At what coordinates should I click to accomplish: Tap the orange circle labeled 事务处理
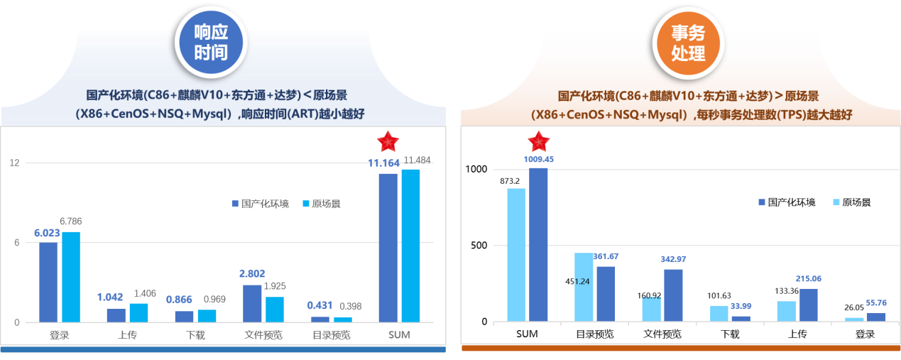tap(687, 43)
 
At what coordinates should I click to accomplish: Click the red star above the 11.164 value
tap(388, 141)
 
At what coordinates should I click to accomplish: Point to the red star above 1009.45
tap(539, 141)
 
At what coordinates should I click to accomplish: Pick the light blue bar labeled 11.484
tap(410, 245)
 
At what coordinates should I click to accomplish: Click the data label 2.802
tap(252, 274)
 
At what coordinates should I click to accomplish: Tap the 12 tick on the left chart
tap(14, 163)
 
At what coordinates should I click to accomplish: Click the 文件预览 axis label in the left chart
tap(263, 334)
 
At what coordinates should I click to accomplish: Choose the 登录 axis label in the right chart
tap(864, 334)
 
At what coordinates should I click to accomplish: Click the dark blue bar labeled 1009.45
tap(538, 244)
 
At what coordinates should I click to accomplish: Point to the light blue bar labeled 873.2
tap(516, 254)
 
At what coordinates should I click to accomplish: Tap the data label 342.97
tap(673, 259)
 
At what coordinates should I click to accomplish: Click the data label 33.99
tap(741, 306)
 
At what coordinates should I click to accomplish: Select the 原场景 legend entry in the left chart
tap(322, 204)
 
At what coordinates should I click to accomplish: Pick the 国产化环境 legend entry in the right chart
tap(787, 202)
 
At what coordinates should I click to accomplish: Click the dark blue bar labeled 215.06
tap(808, 305)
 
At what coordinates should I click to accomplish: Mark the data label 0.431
tap(320, 305)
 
